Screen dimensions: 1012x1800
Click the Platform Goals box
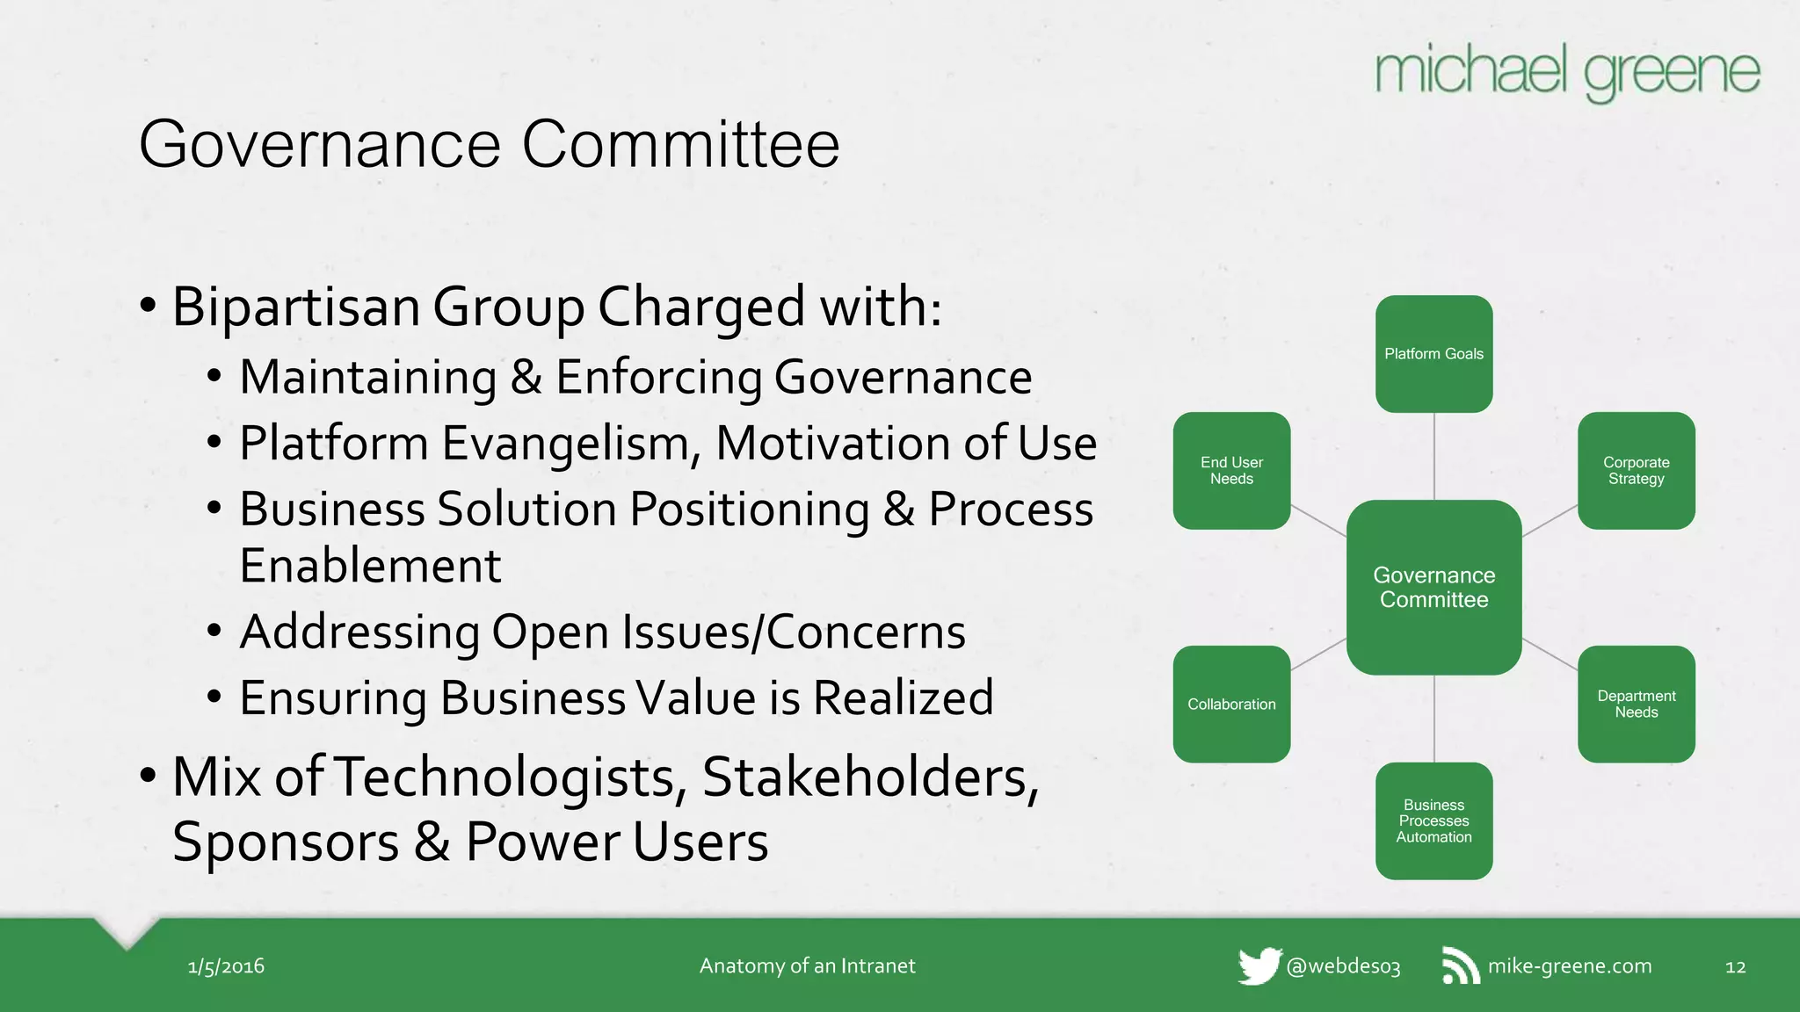[1433, 354]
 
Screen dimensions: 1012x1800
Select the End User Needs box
[1231, 471]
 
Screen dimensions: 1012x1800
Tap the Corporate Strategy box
[1636, 471]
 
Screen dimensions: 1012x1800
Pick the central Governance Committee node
[1433, 588]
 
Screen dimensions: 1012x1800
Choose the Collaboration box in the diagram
[1231, 705]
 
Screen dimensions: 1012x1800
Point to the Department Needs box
[1636, 705]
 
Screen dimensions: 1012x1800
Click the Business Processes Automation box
[1433, 821]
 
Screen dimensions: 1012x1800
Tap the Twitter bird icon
[1259, 966]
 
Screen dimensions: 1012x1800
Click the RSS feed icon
[1460, 966]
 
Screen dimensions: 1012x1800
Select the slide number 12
[1735, 967]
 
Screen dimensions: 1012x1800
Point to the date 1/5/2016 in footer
[226, 966]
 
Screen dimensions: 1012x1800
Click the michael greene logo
[1567, 72]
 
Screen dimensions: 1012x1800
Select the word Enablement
[370, 566]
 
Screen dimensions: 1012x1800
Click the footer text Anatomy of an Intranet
[807, 966]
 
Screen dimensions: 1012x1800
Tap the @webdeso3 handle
[1343, 966]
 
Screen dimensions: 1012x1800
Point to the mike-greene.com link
[1570, 966]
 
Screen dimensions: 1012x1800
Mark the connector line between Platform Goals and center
[1434, 457]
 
